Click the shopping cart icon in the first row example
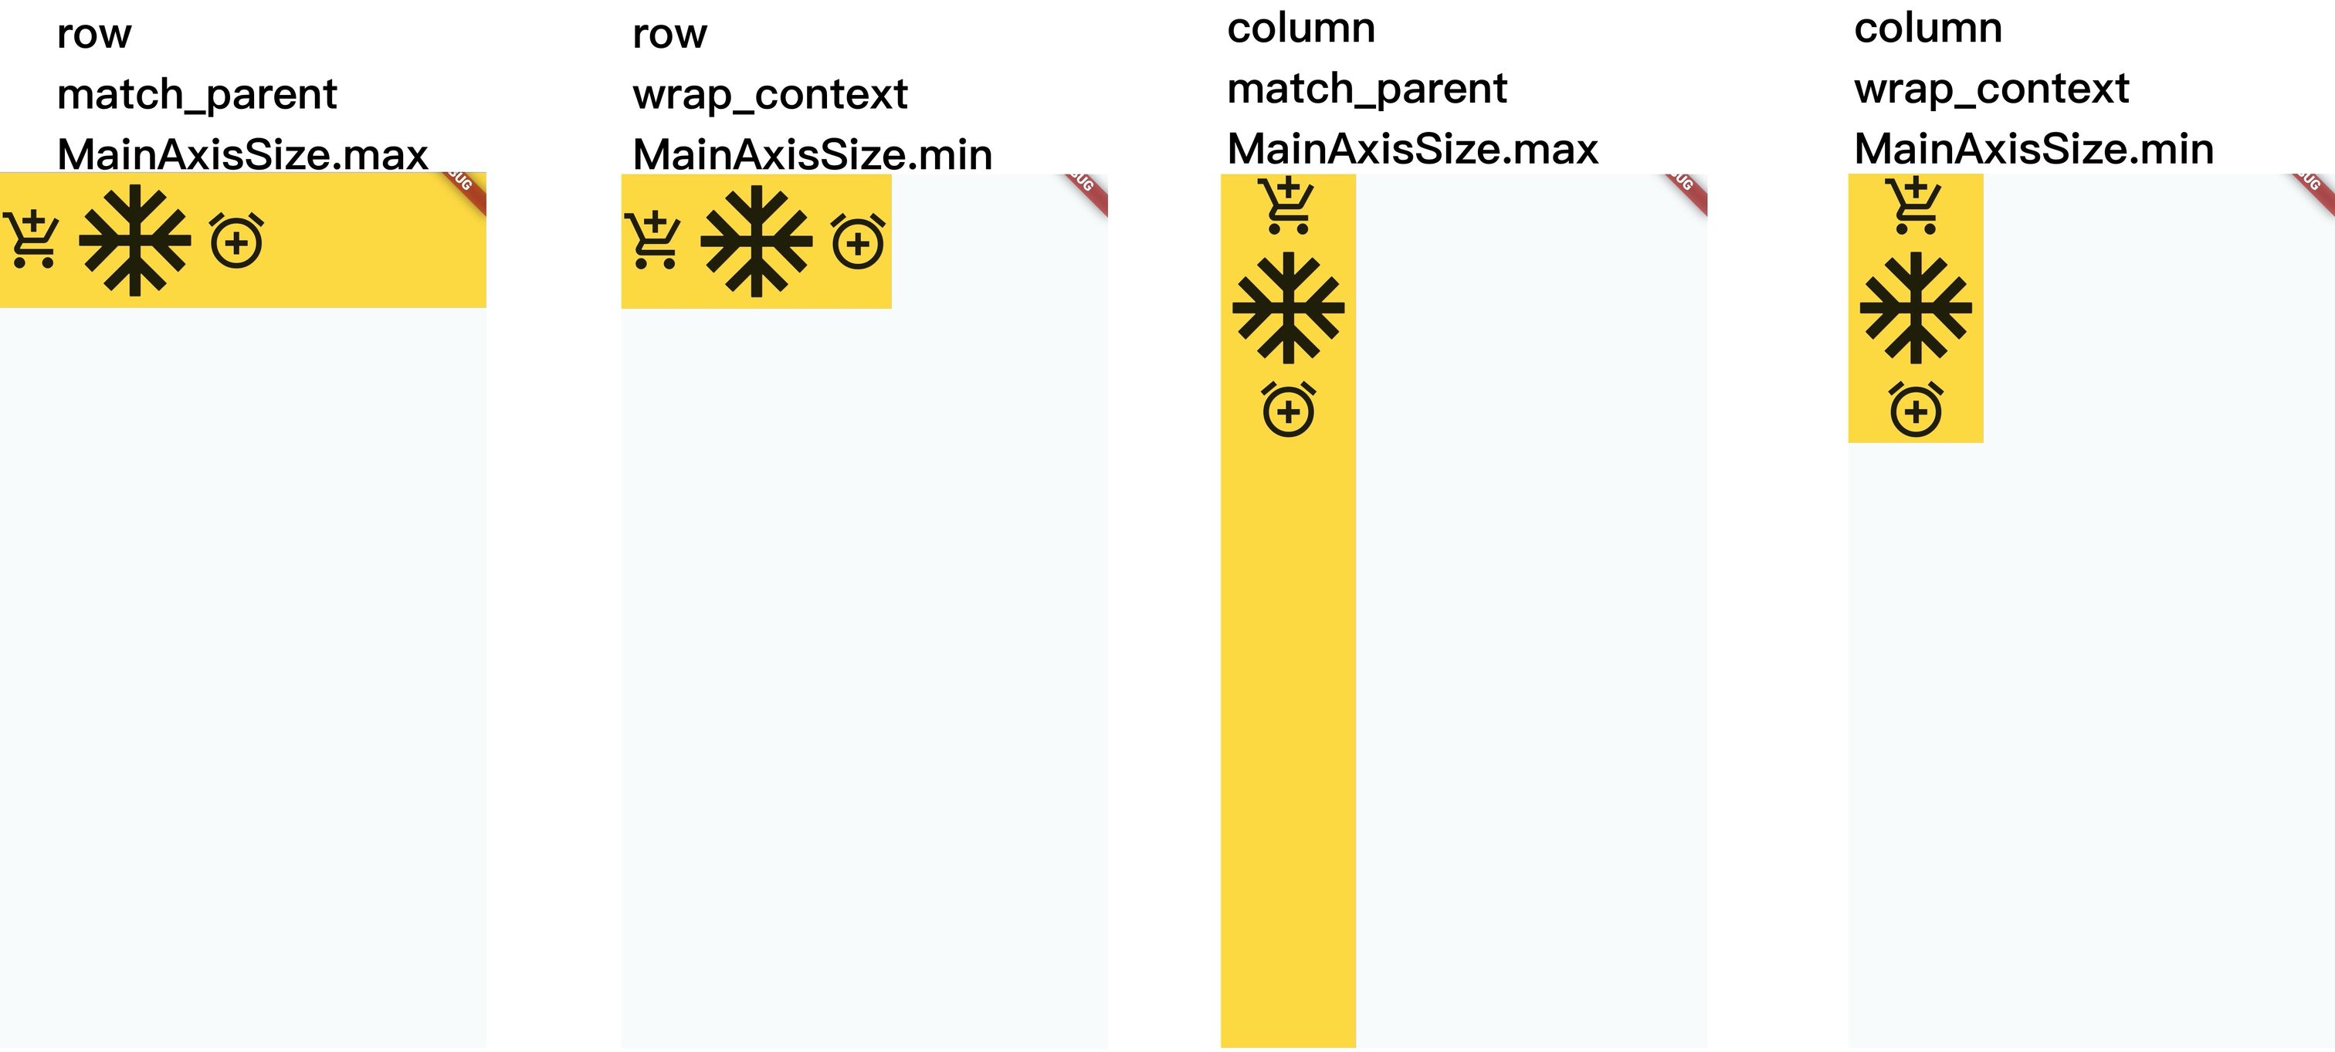tap(32, 240)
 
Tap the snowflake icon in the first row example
tap(135, 241)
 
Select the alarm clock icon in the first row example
tap(236, 241)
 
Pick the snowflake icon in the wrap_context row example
tap(757, 242)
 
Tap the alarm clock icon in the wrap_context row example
tap(858, 242)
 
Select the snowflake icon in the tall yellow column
tap(1288, 308)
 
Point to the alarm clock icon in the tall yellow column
tap(1288, 411)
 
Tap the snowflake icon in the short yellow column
tap(1915, 308)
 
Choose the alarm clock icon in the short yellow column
tap(1915, 411)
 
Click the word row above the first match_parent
tap(93, 35)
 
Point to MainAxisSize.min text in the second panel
tap(812, 154)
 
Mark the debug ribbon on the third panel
tap(1686, 188)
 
